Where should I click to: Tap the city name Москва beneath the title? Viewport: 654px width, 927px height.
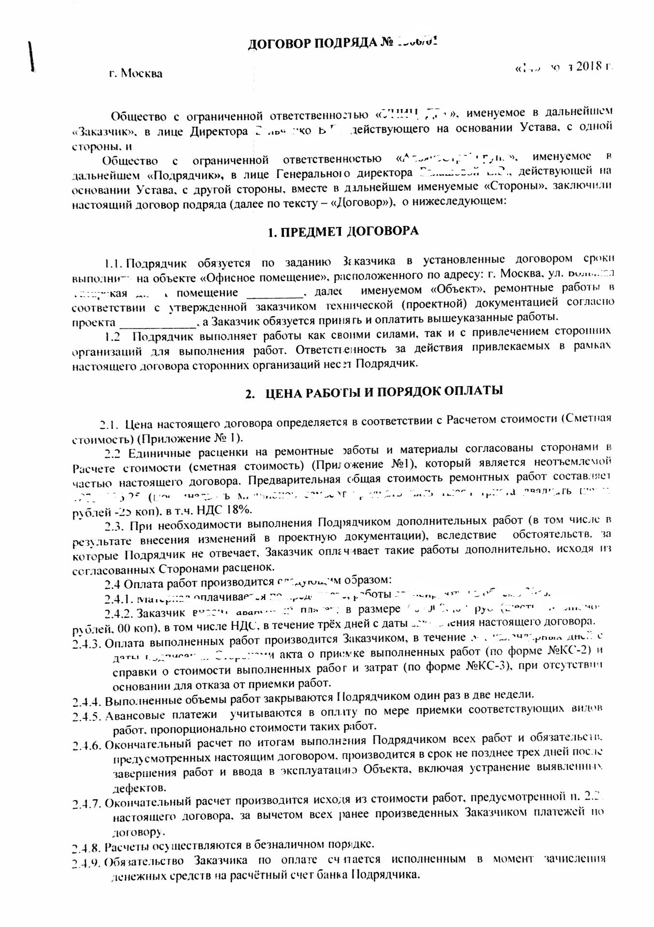tap(142, 74)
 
